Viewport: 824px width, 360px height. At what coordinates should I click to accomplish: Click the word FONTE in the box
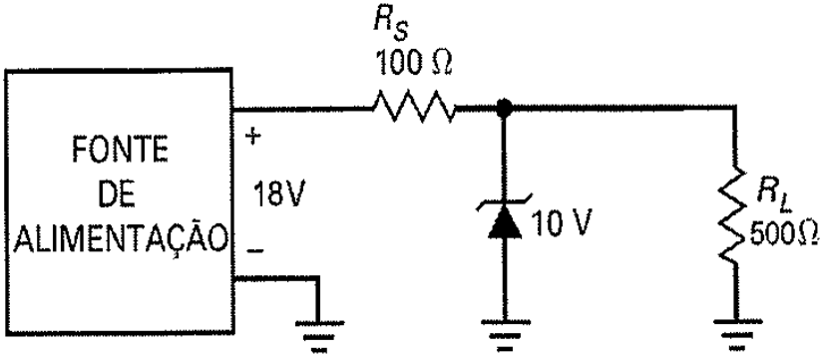pyautogui.click(x=121, y=151)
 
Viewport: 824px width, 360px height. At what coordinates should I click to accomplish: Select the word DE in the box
pyautogui.click(x=121, y=195)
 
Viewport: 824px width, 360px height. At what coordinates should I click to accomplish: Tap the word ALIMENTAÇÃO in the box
pyautogui.click(x=121, y=239)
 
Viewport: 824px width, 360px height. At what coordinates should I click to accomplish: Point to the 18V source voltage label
pyautogui.click(x=278, y=194)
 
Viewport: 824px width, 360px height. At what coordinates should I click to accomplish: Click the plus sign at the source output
pyautogui.click(x=253, y=138)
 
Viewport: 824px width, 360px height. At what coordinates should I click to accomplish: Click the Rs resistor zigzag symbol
pyautogui.click(x=414, y=109)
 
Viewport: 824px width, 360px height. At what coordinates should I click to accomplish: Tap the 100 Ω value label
pyautogui.click(x=412, y=65)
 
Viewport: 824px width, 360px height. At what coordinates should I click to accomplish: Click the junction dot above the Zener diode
pyautogui.click(x=505, y=109)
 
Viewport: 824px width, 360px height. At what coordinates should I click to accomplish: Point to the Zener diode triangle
pyautogui.click(x=505, y=221)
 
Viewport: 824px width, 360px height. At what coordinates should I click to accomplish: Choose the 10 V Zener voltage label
pyautogui.click(x=562, y=222)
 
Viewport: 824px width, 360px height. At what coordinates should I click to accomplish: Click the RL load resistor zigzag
pyautogui.click(x=734, y=215)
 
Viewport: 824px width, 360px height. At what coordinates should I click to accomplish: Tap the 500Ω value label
pyautogui.click(x=783, y=234)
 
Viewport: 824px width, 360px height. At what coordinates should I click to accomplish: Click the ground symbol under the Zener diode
pyautogui.click(x=504, y=335)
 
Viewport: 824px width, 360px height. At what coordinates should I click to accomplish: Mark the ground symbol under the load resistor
pyautogui.click(x=734, y=335)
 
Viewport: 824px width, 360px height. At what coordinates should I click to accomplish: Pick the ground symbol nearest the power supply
pyautogui.click(x=318, y=335)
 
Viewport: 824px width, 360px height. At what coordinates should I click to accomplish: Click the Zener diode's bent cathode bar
pyautogui.click(x=505, y=201)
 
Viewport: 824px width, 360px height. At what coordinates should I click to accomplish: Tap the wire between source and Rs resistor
pyautogui.click(x=302, y=109)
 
